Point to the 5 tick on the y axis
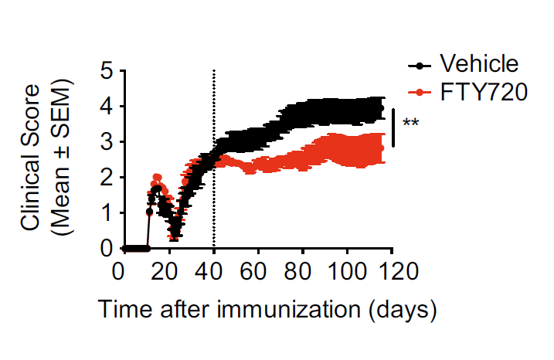coord(107,71)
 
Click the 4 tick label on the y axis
coord(107,107)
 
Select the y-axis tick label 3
coord(107,142)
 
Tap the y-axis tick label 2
coord(107,178)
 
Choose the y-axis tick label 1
coord(107,213)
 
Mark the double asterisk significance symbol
coord(410,124)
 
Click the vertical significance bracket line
coord(393,127)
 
